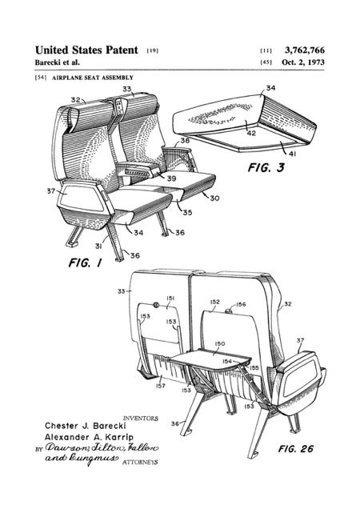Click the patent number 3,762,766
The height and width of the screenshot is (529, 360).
pyautogui.click(x=305, y=50)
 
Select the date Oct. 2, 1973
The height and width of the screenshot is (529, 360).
pyautogui.click(x=303, y=62)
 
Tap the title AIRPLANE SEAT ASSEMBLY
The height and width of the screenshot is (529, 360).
pyautogui.click(x=93, y=78)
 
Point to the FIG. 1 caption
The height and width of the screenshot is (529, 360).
pyautogui.click(x=85, y=262)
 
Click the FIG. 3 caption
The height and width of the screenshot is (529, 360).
pyautogui.click(x=266, y=167)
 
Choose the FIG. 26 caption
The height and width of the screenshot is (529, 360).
pyautogui.click(x=296, y=449)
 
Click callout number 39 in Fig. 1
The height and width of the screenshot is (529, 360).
pyautogui.click(x=171, y=178)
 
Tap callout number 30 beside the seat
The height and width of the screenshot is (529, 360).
pyautogui.click(x=214, y=198)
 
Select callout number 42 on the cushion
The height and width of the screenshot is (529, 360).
pyautogui.click(x=251, y=133)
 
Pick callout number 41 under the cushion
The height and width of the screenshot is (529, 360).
pyautogui.click(x=292, y=154)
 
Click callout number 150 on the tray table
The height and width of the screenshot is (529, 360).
pyautogui.click(x=220, y=343)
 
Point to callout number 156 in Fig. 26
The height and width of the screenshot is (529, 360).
pyautogui.click(x=241, y=304)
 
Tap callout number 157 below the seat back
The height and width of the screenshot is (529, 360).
pyautogui.click(x=161, y=386)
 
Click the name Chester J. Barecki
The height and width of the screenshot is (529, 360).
pyautogui.click(x=86, y=426)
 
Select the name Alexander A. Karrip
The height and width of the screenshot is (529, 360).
pyautogui.click(x=89, y=437)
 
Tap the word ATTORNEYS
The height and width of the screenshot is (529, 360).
pyautogui.click(x=140, y=463)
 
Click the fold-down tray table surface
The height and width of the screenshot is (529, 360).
pyautogui.click(x=210, y=359)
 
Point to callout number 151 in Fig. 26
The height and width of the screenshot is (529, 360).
pyautogui.click(x=170, y=298)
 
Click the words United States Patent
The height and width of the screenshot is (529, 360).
pyautogui.click(x=86, y=50)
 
